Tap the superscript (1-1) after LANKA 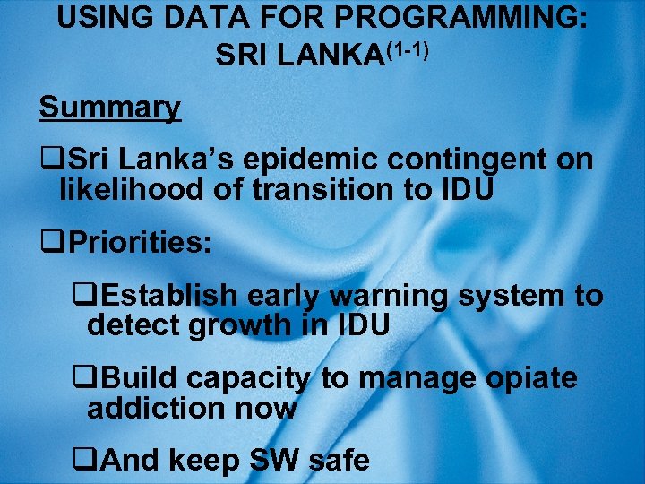(408, 50)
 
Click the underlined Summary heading (109, 108)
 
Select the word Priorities (139, 242)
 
